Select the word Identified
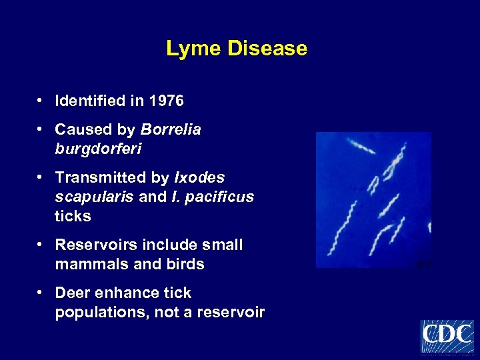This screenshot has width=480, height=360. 91,101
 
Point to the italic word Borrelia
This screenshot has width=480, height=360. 171,129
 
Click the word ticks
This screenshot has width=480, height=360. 73,217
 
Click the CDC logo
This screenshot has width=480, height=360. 447,336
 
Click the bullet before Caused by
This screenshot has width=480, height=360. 41,129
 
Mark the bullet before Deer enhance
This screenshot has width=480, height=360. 41,293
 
